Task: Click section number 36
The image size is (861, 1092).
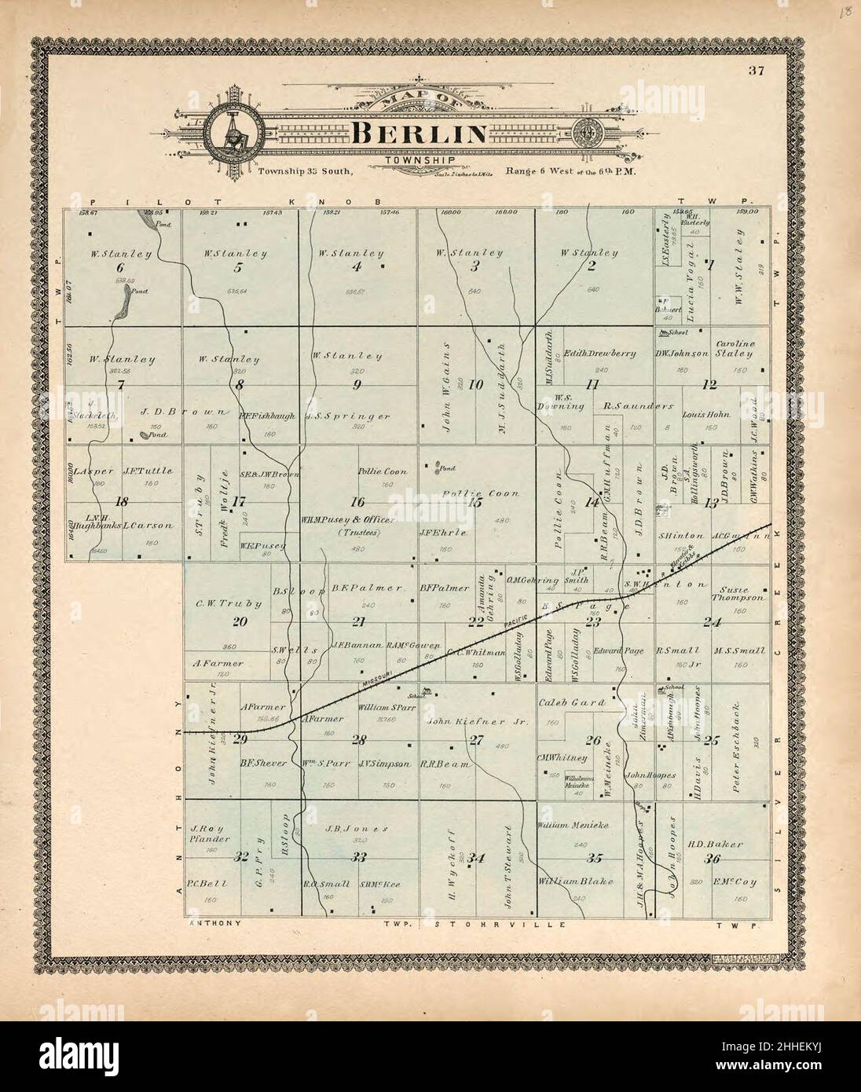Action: click(x=713, y=859)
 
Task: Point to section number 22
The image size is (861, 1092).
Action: click(x=476, y=622)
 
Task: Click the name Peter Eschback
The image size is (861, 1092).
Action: click(x=737, y=741)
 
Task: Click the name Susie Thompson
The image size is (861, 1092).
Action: click(x=737, y=593)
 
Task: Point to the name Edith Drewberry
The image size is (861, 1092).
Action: click(x=599, y=353)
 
